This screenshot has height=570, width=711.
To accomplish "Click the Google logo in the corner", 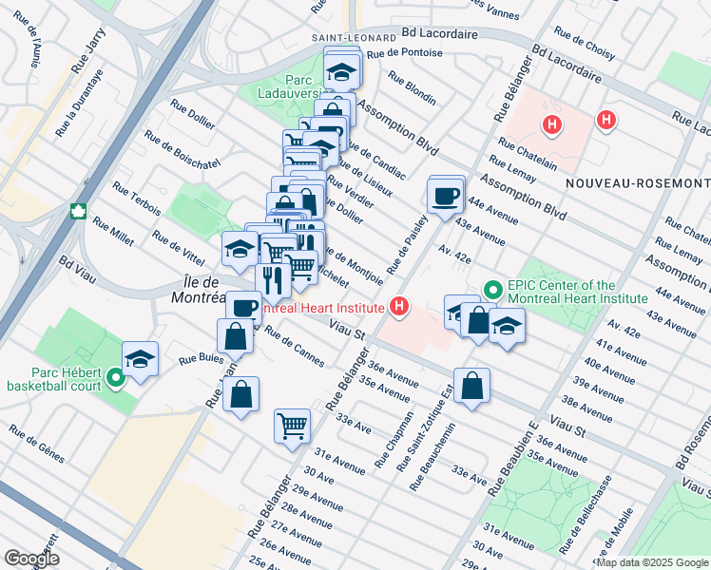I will (x=30, y=559).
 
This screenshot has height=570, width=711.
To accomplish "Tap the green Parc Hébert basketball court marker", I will (x=116, y=378).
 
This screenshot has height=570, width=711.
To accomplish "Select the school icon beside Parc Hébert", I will (x=140, y=359).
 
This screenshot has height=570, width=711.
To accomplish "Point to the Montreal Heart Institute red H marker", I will (x=399, y=307).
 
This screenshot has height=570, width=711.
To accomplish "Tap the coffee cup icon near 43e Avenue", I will (x=446, y=197).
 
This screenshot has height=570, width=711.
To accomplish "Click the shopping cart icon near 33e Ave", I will (x=292, y=425).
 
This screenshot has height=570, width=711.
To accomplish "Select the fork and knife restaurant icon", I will (x=273, y=279).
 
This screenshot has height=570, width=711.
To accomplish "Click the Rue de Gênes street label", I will (x=37, y=443).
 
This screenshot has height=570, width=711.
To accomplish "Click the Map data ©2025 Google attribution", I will (x=652, y=562).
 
